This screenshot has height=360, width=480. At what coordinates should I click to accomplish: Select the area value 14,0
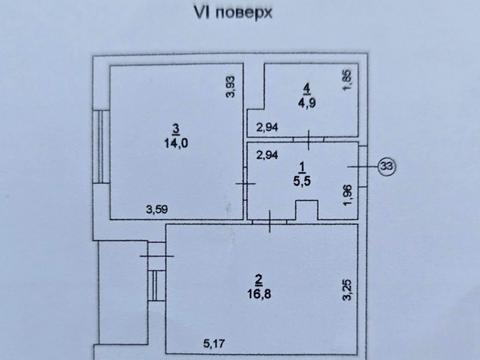pyautogui.click(x=176, y=142)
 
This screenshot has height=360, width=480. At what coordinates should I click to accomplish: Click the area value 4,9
pyautogui.click(x=304, y=101)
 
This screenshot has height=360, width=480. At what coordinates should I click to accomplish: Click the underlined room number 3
pyautogui.click(x=176, y=127)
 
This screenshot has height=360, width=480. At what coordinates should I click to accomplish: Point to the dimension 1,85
pyautogui.click(x=347, y=78)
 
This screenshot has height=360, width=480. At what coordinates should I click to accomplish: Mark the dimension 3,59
pyautogui.click(x=155, y=209)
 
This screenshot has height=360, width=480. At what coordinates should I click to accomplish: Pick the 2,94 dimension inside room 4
pyautogui.click(x=266, y=127)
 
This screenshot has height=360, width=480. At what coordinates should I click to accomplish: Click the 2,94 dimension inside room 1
pyautogui.click(x=266, y=155)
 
